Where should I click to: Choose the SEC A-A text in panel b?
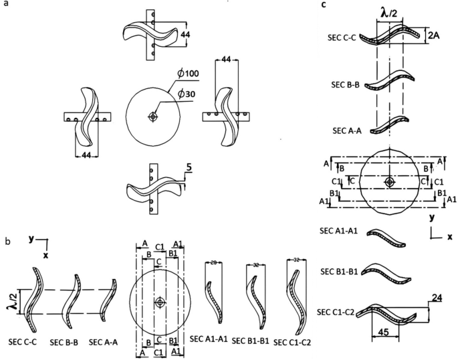click(x=104, y=342)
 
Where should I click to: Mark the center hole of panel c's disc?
click(x=389, y=182)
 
